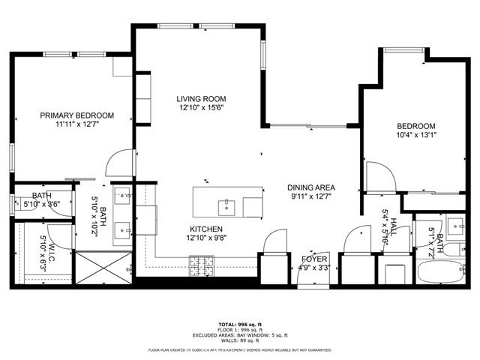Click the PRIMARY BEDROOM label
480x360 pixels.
(x=77, y=115)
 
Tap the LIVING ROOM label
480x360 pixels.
(x=201, y=99)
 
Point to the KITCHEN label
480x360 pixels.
(x=206, y=229)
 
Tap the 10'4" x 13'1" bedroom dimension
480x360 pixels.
(x=415, y=135)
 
